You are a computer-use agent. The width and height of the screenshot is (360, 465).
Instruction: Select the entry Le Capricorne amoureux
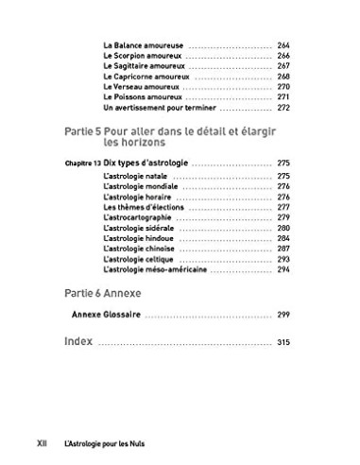[145, 76]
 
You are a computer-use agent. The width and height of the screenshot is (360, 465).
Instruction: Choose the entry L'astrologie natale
[134, 177]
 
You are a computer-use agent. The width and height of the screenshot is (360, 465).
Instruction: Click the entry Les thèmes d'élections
[140, 207]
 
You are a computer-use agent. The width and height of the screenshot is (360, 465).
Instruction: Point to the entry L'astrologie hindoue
[137, 238]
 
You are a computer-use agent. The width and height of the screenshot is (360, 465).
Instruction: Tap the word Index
[77, 340]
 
